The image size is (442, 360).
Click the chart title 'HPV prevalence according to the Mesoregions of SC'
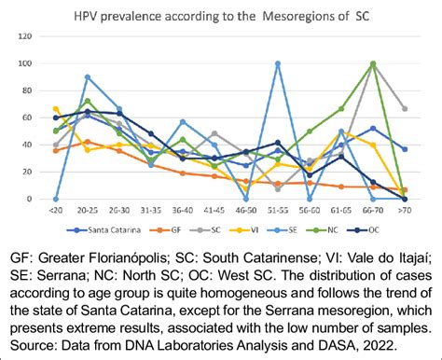point(222,15)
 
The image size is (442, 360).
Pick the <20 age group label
point(56,211)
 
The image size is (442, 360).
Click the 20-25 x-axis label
point(88,211)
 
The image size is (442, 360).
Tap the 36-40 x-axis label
point(183,211)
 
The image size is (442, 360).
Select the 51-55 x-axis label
point(278,211)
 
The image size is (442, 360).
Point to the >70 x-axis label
point(404,211)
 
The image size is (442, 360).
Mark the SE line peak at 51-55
point(278,63)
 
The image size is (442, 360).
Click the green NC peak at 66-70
point(373,63)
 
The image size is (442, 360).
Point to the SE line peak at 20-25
point(88,76)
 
